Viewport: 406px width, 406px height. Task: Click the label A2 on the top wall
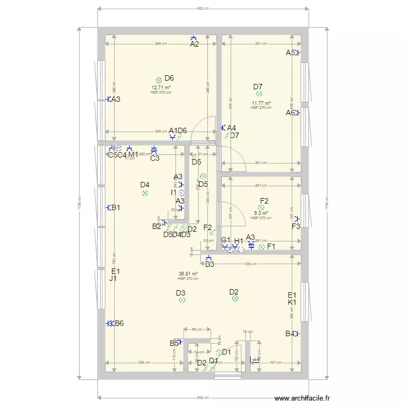coord(194,44)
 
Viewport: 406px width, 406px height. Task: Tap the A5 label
coord(291,53)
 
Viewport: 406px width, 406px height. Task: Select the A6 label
coord(291,113)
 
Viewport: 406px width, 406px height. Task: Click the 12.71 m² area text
coord(161,88)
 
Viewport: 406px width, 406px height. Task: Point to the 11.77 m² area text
coord(261,103)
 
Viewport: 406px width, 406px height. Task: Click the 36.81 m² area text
coord(188,274)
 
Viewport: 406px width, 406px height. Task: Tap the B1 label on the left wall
coord(116,208)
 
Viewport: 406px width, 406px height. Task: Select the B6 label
coord(119,324)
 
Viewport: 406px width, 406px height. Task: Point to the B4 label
coord(290,333)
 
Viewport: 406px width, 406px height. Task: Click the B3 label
coord(209,264)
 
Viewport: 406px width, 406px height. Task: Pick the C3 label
coord(155,158)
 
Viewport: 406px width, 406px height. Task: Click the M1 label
coord(133,155)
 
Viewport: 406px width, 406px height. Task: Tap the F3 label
coord(296,226)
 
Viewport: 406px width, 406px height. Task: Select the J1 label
coord(113,279)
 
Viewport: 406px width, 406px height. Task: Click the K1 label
coord(292,302)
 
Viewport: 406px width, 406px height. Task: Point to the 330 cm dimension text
coord(249,264)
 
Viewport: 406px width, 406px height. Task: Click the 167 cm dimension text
coord(276,363)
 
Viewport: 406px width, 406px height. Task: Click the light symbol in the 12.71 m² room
coord(159,80)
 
